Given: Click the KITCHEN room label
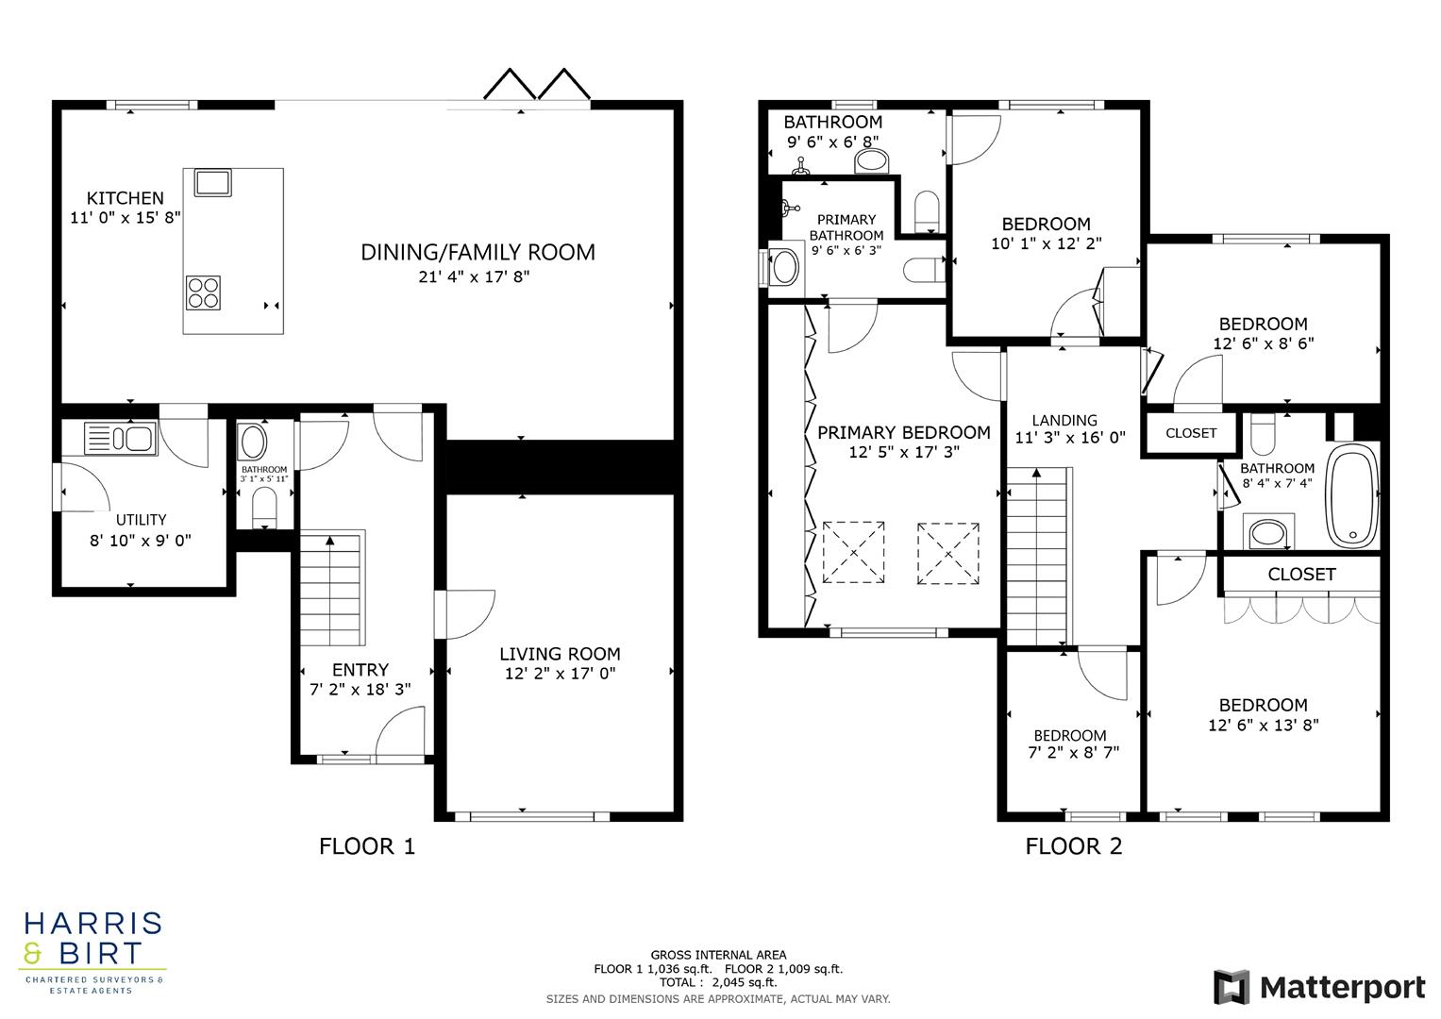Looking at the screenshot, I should [x=125, y=198].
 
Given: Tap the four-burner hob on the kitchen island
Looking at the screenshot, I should [x=204, y=292].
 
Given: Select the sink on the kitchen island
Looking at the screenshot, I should [x=212, y=181].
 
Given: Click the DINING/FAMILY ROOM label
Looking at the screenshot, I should [x=478, y=252].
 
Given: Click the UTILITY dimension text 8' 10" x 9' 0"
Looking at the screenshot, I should [x=141, y=541].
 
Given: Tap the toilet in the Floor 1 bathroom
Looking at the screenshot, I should [x=264, y=509].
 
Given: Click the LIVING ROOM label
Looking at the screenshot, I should [x=560, y=654].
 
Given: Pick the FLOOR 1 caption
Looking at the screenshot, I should [x=367, y=846].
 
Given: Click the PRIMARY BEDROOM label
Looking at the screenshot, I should [x=903, y=433].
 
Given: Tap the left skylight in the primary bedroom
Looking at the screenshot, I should [x=853, y=551].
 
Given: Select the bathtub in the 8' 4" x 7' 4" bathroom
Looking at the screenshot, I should [x=1351, y=495].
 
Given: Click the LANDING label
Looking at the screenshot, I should [x=1064, y=421].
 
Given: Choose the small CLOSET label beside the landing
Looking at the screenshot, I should [x=1191, y=433].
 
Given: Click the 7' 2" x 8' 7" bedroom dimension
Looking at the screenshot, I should [x=1073, y=753].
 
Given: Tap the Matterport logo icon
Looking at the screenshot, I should [x=1232, y=987].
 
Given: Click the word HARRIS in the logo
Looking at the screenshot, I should [x=92, y=923].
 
